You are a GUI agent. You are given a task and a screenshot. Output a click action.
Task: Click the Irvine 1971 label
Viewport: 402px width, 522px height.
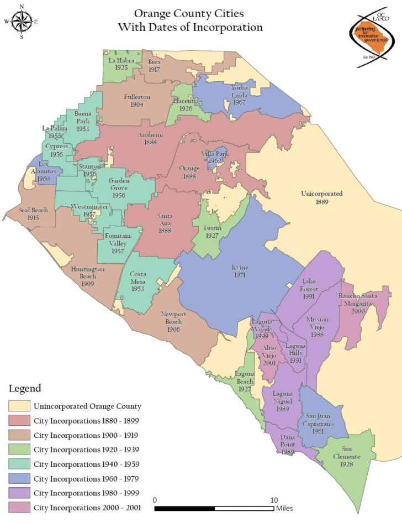240,271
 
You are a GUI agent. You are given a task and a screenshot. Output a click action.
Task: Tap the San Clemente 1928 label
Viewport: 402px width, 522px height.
351,453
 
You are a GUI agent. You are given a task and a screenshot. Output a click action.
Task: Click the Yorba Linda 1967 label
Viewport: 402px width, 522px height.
239,95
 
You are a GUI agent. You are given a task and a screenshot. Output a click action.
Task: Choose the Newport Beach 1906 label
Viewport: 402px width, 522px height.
171,318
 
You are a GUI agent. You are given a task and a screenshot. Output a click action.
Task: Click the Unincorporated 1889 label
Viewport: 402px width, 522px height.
322,197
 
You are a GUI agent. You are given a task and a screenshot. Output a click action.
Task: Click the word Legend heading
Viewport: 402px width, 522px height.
25,389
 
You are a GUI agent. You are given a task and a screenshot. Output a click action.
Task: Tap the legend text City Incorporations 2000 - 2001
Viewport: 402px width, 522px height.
87,507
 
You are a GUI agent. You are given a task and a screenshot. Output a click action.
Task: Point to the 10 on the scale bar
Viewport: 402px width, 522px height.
273,499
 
